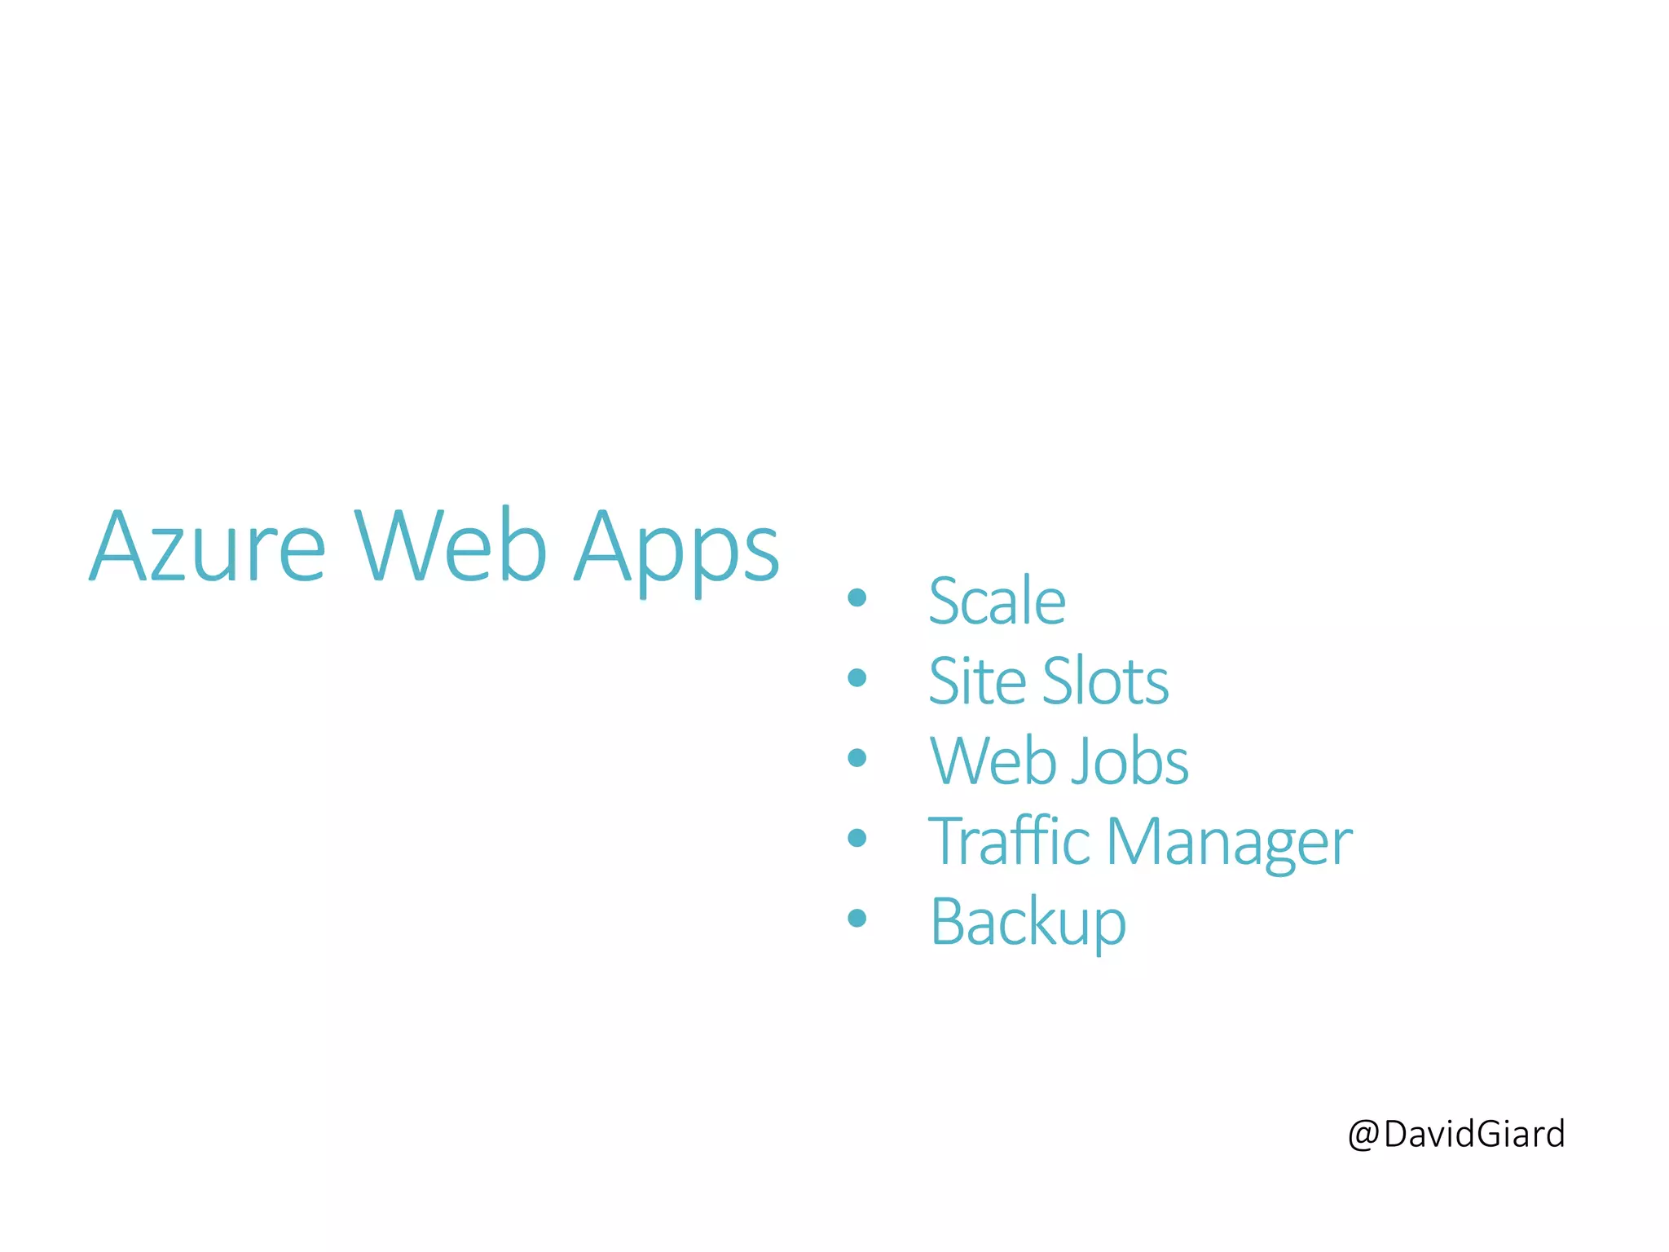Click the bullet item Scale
997,601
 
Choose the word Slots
1106,680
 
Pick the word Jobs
1130,760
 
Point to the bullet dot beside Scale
857,597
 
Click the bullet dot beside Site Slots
857,677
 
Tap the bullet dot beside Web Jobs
857,757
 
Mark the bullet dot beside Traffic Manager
857,837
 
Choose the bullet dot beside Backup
857,918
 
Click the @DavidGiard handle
1456,1134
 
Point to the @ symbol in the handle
1363,1135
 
